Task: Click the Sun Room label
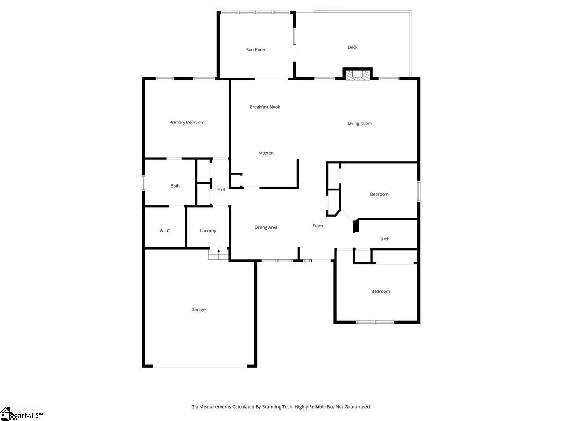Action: click(256, 50)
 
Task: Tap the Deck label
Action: click(353, 47)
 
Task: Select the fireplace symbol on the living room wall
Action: click(357, 75)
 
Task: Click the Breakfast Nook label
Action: click(265, 107)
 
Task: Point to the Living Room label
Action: click(360, 123)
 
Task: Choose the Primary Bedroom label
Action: click(187, 123)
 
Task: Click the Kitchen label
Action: click(266, 153)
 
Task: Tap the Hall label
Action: click(221, 189)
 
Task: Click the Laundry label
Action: click(208, 231)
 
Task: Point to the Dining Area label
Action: click(266, 228)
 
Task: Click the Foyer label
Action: click(318, 226)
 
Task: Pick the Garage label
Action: click(198, 310)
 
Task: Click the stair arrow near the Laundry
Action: click(218, 252)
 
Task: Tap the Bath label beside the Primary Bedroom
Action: click(175, 186)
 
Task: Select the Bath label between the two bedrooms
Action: click(385, 239)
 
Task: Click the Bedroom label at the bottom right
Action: click(380, 292)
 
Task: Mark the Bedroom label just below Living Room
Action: click(379, 194)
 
